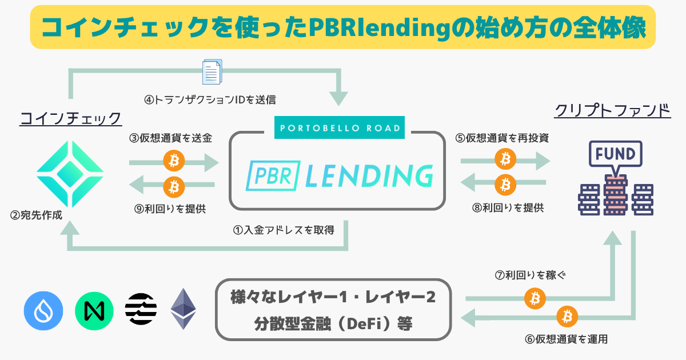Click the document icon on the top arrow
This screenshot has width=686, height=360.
pos(212,72)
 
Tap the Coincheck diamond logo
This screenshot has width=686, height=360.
pos(70,174)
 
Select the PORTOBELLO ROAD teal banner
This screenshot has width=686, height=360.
pos(340,127)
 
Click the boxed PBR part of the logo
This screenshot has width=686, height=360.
pos(273,175)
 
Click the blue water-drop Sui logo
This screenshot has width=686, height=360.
pos(43,311)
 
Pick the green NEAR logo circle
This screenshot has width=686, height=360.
pos(94,311)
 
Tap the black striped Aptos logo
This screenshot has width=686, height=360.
pos(141,309)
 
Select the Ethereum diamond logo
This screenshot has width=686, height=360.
pos(183,309)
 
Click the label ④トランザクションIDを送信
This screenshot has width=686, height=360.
pos(210,100)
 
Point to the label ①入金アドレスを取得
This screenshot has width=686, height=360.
pos(284,230)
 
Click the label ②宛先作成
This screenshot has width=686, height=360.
pos(36,215)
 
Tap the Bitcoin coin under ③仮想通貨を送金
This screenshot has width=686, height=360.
pos(174,161)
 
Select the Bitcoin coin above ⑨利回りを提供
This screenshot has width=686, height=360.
pos(174,187)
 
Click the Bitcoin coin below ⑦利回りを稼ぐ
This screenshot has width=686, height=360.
pos(535,298)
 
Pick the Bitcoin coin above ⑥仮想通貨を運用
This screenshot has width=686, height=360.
pos(567,317)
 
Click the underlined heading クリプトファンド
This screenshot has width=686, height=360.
pos(612,110)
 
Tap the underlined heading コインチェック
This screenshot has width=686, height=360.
pos(71,118)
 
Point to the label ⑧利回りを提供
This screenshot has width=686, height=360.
pos(508,208)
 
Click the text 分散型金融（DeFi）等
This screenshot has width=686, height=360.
pos(333,324)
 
